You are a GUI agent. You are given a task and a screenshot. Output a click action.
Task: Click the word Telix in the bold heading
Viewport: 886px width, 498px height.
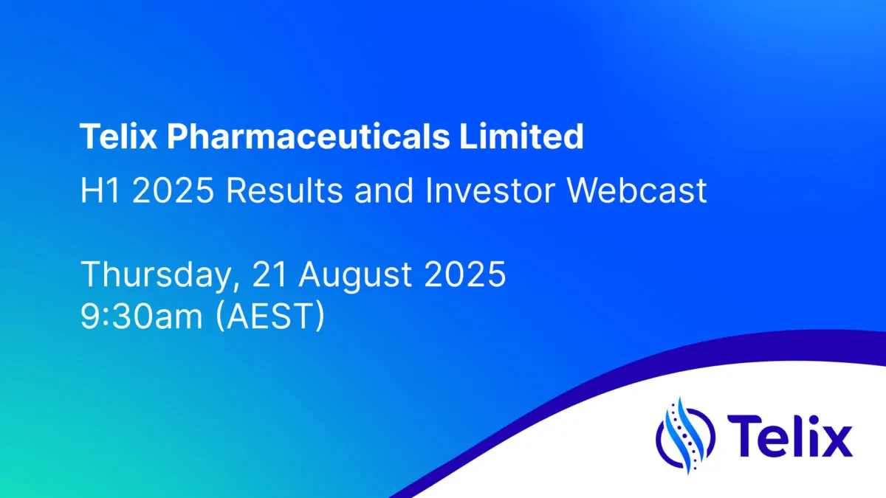coord(119,136)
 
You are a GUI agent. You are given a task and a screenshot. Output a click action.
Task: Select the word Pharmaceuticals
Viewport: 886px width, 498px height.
coord(308,136)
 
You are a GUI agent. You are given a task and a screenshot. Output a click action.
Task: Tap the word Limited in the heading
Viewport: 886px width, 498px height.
coord(521,136)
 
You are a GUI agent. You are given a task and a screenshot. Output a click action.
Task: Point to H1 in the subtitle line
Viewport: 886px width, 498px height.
coord(100,190)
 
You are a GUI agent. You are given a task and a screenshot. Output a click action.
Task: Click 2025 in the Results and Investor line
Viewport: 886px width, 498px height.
coord(173,190)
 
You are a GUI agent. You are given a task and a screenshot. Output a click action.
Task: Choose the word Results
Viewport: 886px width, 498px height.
coord(284,190)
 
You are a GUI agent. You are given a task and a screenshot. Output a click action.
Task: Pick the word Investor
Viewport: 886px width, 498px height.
coord(490,190)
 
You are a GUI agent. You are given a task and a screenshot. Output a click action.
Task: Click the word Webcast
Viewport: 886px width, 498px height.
coord(636,190)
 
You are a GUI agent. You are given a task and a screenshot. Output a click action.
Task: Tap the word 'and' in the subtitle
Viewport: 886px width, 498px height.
coord(384,190)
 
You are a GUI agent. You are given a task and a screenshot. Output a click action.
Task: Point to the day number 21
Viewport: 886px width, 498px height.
coord(269,274)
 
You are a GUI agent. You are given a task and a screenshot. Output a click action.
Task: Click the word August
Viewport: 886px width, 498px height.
coord(355,275)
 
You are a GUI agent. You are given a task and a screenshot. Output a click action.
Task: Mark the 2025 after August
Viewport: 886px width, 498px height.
coord(464,274)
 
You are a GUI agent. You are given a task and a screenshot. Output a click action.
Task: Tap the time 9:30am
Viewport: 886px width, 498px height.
coord(142,316)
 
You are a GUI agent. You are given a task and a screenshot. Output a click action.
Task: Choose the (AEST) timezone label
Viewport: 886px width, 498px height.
coord(270,316)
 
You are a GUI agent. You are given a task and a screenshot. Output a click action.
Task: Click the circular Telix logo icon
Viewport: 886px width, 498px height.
coord(685,435)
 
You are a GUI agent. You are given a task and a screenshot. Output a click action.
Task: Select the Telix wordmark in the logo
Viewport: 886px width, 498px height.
coord(790,436)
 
